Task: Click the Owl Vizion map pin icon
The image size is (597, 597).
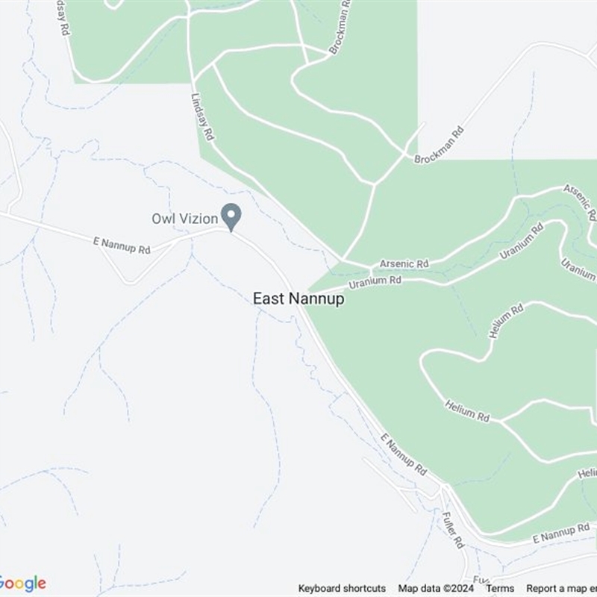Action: [232, 216]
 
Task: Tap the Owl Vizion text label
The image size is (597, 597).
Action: [184, 219]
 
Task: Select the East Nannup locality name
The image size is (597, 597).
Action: [298, 298]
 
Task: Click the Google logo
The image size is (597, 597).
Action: [23, 584]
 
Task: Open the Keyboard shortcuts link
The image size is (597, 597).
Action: [342, 589]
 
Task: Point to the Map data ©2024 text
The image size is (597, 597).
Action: [436, 589]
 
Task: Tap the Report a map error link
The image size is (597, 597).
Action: [561, 589]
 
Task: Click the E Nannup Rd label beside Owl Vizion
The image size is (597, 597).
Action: [121, 244]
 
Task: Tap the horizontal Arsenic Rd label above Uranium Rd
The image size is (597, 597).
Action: [404, 264]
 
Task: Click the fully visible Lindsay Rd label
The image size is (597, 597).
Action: [202, 117]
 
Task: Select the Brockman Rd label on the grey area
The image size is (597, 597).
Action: [440, 146]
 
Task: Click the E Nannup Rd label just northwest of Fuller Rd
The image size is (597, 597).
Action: [403, 455]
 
